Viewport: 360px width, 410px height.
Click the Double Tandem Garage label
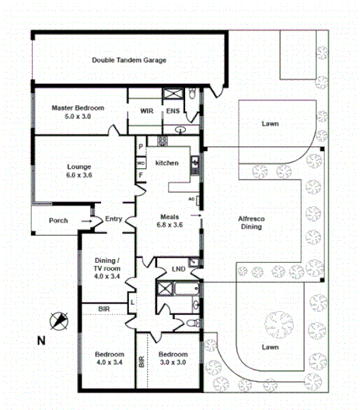(x=129, y=60)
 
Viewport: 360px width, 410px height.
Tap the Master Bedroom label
(x=78, y=112)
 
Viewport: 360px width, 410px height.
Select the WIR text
(x=146, y=111)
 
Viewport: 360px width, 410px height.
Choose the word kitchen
(x=167, y=163)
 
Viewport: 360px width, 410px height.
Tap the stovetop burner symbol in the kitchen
(x=163, y=142)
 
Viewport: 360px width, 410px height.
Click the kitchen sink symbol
(x=195, y=165)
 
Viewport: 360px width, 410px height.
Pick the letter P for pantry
(x=141, y=147)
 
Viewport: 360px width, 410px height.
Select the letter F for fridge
(x=141, y=176)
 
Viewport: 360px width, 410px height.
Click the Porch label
(x=58, y=220)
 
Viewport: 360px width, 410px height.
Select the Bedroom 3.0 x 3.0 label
(x=175, y=358)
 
